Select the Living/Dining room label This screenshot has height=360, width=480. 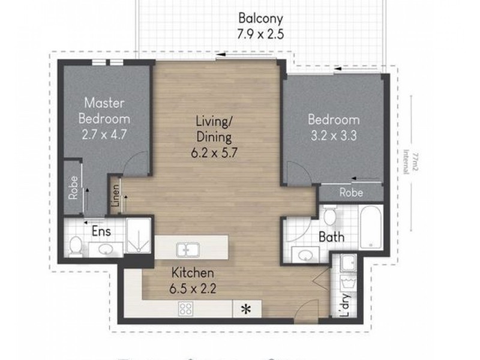[214, 130]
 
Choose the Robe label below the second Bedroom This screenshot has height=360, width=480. [350, 193]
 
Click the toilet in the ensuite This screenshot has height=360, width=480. [76, 245]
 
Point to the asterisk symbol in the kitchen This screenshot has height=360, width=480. [245, 310]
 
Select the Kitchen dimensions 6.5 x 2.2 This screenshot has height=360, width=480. [193, 287]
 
